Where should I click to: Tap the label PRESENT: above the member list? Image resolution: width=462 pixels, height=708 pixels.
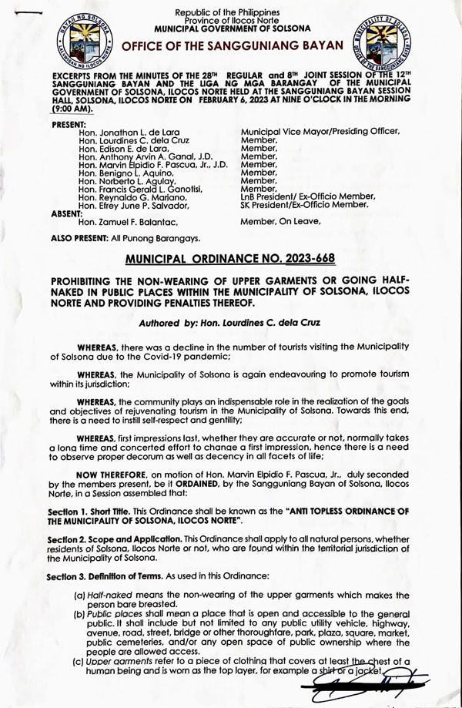point(69,124)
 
